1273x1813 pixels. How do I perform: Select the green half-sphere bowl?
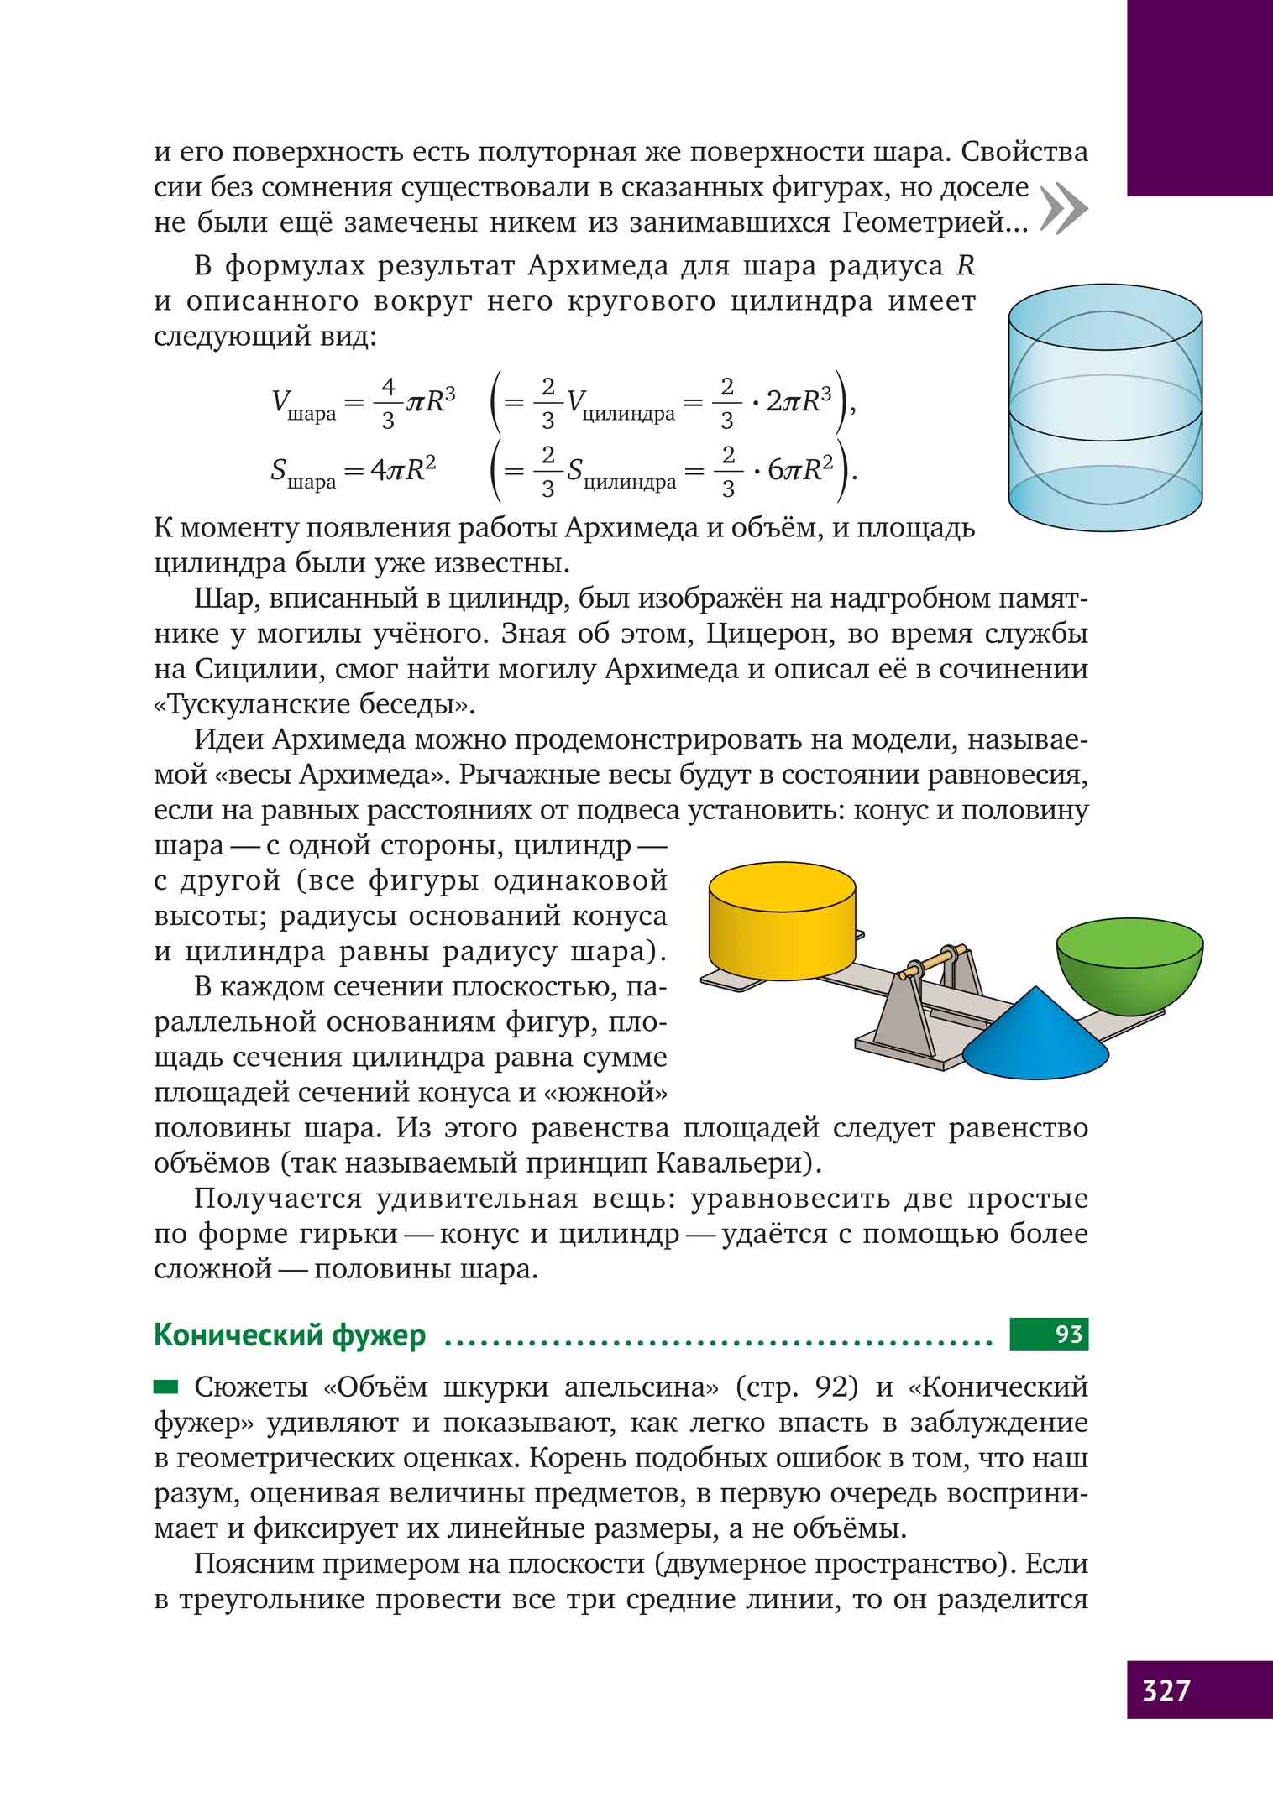tap(1129, 965)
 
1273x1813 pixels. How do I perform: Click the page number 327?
tap(1166, 1690)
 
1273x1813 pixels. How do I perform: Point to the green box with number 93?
tap(1049, 1335)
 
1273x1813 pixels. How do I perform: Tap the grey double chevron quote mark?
tap(1063, 208)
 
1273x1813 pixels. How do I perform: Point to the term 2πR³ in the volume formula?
tap(798, 401)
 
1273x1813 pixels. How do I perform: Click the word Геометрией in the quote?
tap(924, 222)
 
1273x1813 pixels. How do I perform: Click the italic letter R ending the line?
tap(966, 266)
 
